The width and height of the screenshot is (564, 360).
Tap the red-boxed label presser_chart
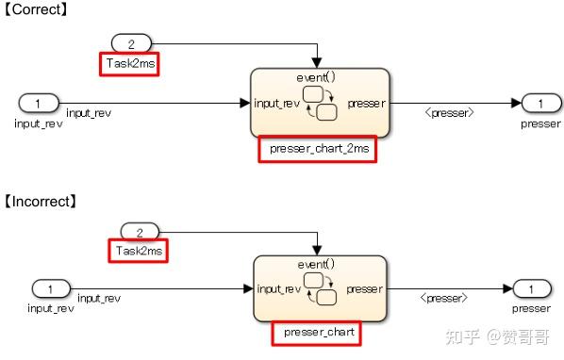coord(316,333)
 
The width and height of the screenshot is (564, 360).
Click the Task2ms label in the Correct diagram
coord(129,64)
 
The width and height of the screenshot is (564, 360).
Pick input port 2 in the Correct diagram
coord(131,43)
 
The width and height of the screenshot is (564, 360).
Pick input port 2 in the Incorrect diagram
coord(140,231)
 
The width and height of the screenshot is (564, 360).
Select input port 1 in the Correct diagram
coord(37,103)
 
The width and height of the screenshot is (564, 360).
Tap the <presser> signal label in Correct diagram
coord(448,113)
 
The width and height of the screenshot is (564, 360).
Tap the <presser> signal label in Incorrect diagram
coord(446,298)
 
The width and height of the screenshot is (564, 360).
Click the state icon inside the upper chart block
coord(321,103)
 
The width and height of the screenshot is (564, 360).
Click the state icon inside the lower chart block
coord(321,289)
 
